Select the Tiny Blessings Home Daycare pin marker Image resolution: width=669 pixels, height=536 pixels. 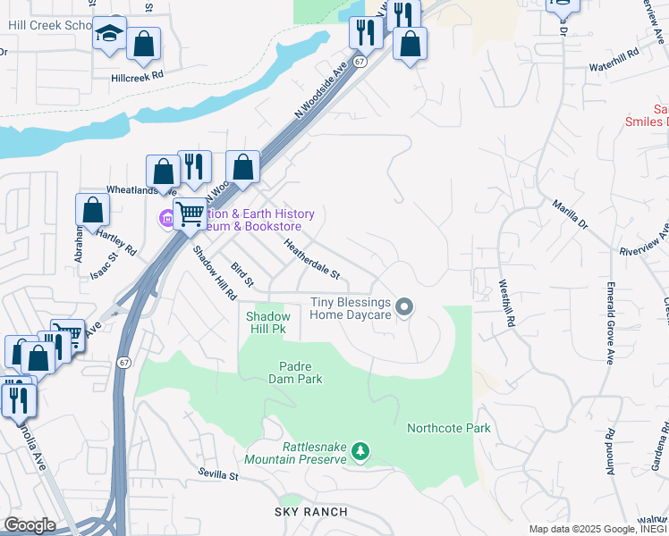[x=404, y=307]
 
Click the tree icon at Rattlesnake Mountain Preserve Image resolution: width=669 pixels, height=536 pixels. [x=360, y=451]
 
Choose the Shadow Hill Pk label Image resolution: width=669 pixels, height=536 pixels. [x=268, y=322]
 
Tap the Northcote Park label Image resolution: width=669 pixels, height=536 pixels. [x=449, y=428]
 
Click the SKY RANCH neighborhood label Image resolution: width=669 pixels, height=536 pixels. [x=310, y=511]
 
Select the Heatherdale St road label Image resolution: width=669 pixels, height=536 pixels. [x=312, y=256]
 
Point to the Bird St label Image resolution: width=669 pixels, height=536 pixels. [x=242, y=274]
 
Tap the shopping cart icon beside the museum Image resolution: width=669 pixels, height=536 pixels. [x=190, y=214]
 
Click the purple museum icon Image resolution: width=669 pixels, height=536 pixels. [x=166, y=218]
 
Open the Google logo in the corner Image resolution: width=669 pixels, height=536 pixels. [x=30, y=524]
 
